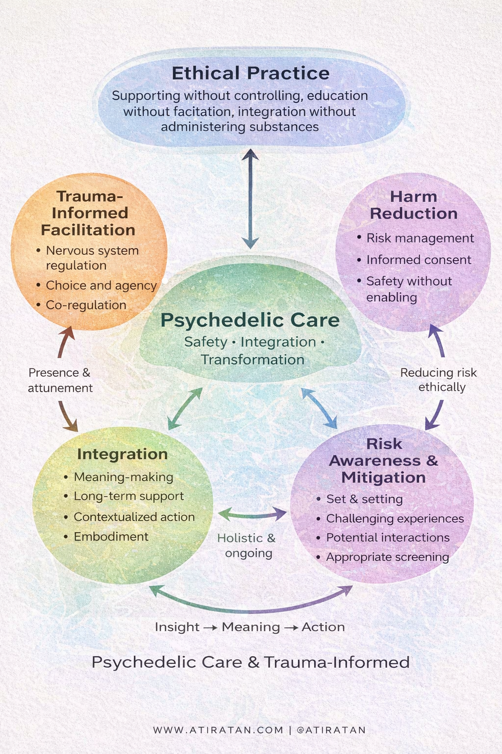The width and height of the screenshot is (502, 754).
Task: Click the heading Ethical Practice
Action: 251,73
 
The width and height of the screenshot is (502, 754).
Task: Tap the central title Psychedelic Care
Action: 250,320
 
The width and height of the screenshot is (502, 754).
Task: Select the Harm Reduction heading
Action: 413,205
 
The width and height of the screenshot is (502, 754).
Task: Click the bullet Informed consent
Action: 419,260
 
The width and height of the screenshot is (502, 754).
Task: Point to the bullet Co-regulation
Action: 86,305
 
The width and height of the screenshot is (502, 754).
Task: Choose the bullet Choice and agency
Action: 101,285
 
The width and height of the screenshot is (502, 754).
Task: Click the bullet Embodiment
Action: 111,537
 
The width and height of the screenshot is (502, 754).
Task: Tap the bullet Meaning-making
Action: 124,477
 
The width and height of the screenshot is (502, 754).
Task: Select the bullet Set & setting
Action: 364,499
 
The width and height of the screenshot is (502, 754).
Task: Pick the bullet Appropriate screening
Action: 387,557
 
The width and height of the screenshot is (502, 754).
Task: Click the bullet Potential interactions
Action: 388,538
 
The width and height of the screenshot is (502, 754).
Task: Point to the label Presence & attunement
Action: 60,380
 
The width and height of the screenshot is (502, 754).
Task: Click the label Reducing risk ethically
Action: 439,379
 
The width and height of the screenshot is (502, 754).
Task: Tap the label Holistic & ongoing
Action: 247,545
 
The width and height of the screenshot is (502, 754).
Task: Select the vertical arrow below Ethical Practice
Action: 250,199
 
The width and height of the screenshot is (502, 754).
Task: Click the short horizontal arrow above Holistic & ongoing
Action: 252,514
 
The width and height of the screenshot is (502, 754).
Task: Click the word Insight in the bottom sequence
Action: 177,627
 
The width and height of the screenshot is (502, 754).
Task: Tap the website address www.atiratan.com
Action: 218,730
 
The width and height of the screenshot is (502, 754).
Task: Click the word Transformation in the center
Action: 252,359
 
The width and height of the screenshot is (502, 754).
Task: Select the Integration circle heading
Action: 122,454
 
